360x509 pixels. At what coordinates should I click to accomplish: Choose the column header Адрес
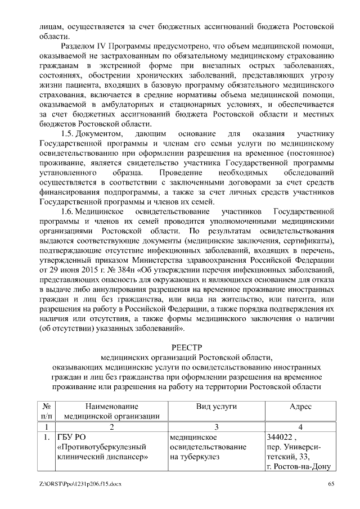coord(300,406)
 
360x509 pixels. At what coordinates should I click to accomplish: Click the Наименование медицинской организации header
coord(111,411)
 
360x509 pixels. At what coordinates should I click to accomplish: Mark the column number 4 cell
coord(300,427)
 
